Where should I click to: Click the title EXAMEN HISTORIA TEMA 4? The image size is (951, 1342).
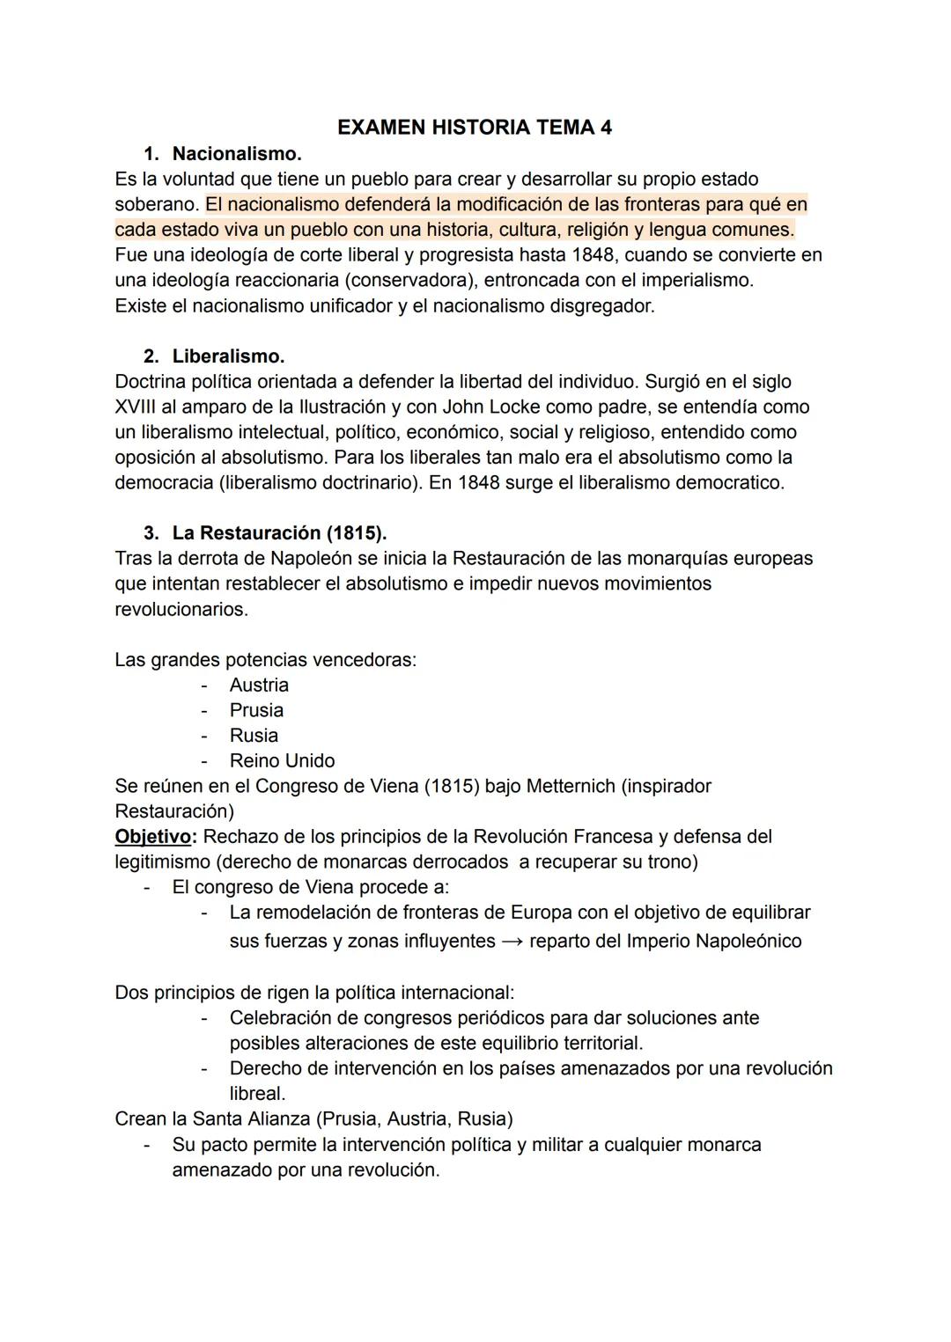point(474,128)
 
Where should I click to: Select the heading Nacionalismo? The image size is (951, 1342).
point(236,154)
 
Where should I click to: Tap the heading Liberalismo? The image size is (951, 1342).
point(228,356)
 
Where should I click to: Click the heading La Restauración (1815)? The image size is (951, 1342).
point(279,533)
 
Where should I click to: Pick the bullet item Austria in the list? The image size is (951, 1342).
point(259,686)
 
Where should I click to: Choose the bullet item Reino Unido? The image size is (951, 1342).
point(282,761)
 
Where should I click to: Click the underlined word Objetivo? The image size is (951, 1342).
point(152,837)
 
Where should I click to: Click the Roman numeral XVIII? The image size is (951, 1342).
point(139,407)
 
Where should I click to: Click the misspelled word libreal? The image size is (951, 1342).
point(256,1094)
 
